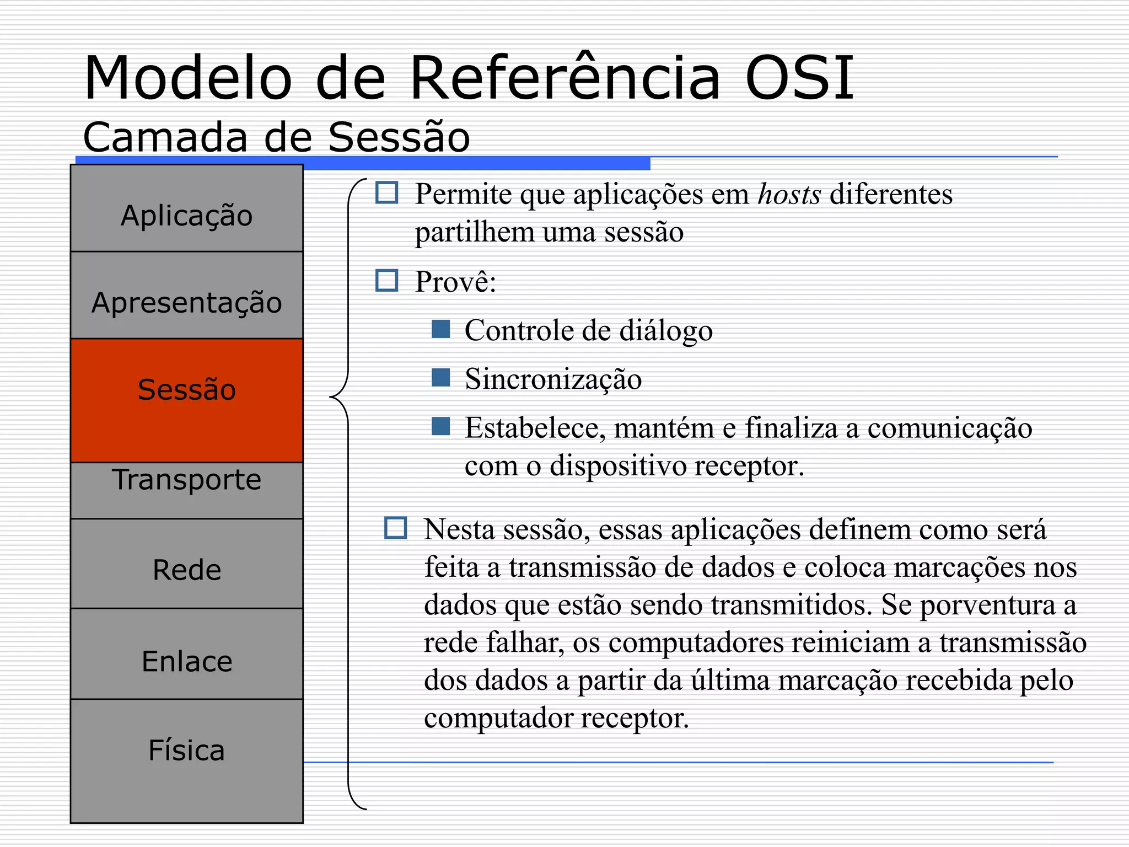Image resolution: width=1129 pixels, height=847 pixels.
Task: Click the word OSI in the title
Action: (799, 78)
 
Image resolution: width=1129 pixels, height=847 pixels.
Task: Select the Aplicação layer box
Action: (187, 209)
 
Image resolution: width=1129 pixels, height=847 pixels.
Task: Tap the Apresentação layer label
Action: (187, 303)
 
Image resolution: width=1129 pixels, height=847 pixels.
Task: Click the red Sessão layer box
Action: (187, 400)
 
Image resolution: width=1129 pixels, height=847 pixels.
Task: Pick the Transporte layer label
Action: (187, 480)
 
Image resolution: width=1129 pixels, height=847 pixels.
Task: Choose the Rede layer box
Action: (187, 564)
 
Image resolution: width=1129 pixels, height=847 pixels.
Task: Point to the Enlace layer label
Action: (187, 661)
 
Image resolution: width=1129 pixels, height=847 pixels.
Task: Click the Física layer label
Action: (187, 750)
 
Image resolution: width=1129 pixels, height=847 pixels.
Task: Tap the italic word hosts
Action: (789, 194)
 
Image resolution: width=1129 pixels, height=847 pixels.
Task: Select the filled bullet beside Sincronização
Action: (440, 378)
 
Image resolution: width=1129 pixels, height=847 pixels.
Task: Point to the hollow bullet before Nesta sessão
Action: (395, 528)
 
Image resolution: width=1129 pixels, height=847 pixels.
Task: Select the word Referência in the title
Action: (566, 78)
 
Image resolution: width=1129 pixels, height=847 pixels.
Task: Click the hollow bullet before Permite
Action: (386, 193)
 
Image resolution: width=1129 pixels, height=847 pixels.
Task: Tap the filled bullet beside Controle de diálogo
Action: (440, 329)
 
